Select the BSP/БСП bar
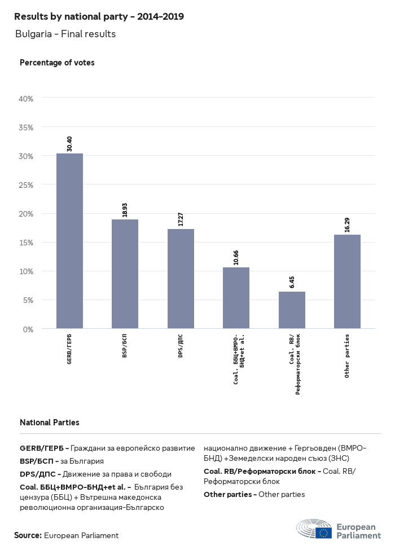coord(125,274)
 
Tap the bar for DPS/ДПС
coord(181,279)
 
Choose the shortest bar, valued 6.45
coord(292,310)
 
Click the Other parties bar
coord(347,281)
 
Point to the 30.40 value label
coord(69,143)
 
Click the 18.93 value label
coord(125,209)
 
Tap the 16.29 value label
coord(347,225)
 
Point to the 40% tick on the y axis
coord(27,98)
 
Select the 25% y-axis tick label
coord(27,185)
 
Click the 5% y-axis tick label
coord(28,300)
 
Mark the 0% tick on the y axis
coord(28,329)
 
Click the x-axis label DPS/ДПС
coord(181,346)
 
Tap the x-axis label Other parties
coord(347,356)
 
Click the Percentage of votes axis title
coord(57,63)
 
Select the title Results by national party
coord(99,16)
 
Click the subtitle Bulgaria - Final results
coord(65,34)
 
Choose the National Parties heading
coord(50,422)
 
